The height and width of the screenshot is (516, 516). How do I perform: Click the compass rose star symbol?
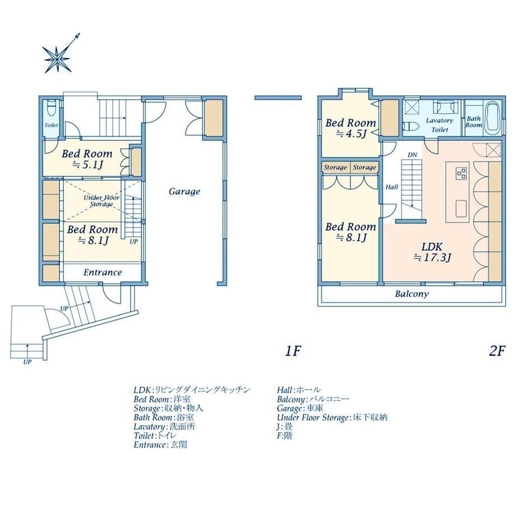point(57,59)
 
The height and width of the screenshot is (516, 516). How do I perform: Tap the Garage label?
point(185,191)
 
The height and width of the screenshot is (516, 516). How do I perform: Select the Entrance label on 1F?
point(103,272)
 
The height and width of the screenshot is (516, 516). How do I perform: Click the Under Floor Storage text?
point(102,201)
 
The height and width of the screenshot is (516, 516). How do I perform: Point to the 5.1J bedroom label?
point(87,159)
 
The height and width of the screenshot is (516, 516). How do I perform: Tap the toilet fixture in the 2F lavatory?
point(411,127)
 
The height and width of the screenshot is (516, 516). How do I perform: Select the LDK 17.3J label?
point(432,252)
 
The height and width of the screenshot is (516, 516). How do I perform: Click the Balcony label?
point(412,293)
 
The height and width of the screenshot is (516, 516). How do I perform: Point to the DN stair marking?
point(412,155)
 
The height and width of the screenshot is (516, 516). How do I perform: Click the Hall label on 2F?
point(391,187)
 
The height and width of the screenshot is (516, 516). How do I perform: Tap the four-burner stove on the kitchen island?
point(461,173)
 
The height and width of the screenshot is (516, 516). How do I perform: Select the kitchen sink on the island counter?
point(462,209)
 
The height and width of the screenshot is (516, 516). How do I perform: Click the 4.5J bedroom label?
point(351,128)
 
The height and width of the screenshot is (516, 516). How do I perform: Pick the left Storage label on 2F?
point(335,168)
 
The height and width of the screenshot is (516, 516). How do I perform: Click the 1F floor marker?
point(293,352)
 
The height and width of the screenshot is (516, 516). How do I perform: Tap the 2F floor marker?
point(497,352)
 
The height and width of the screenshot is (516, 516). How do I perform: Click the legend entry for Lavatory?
point(164,426)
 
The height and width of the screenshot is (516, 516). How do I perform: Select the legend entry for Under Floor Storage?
point(332,418)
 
